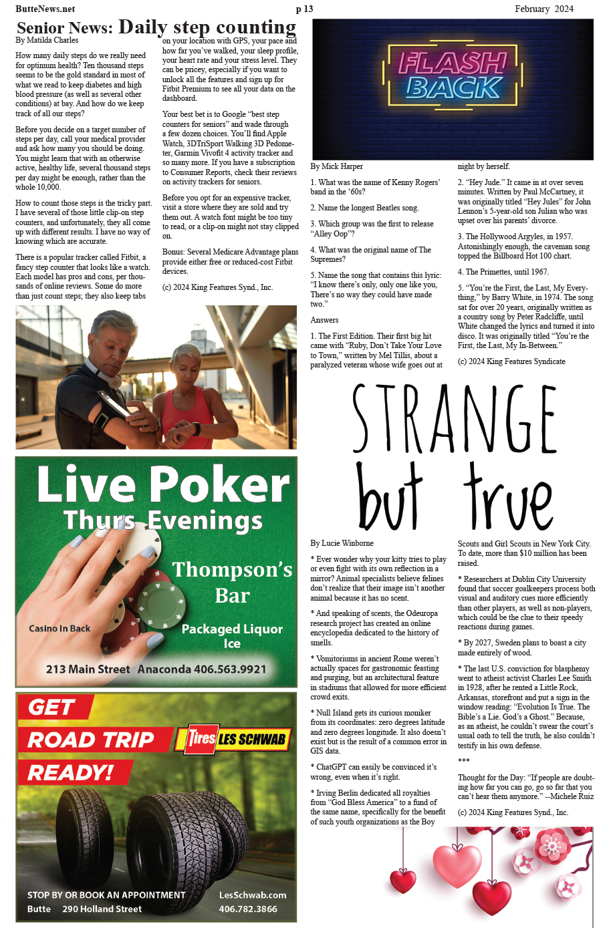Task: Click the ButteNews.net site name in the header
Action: (x=45, y=9)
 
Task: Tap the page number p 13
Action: (x=304, y=9)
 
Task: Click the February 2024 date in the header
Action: (x=543, y=9)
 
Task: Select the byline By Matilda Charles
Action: (x=47, y=40)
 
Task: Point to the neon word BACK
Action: (x=454, y=88)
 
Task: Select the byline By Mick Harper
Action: (x=337, y=166)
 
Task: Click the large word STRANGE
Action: (x=455, y=420)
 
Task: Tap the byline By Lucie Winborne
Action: (x=342, y=543)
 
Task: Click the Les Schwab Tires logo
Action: (x=235, y=738)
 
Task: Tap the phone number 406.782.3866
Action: (x=247, y=909)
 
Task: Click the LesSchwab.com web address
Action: (x=253, y=895)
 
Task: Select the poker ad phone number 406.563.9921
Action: (x=230, y=669)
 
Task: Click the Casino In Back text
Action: (x=59, y=628)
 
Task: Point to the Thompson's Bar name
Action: (x=232, y=581)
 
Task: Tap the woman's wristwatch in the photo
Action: (x=195, y=428)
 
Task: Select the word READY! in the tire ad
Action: (x=70, y=772)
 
